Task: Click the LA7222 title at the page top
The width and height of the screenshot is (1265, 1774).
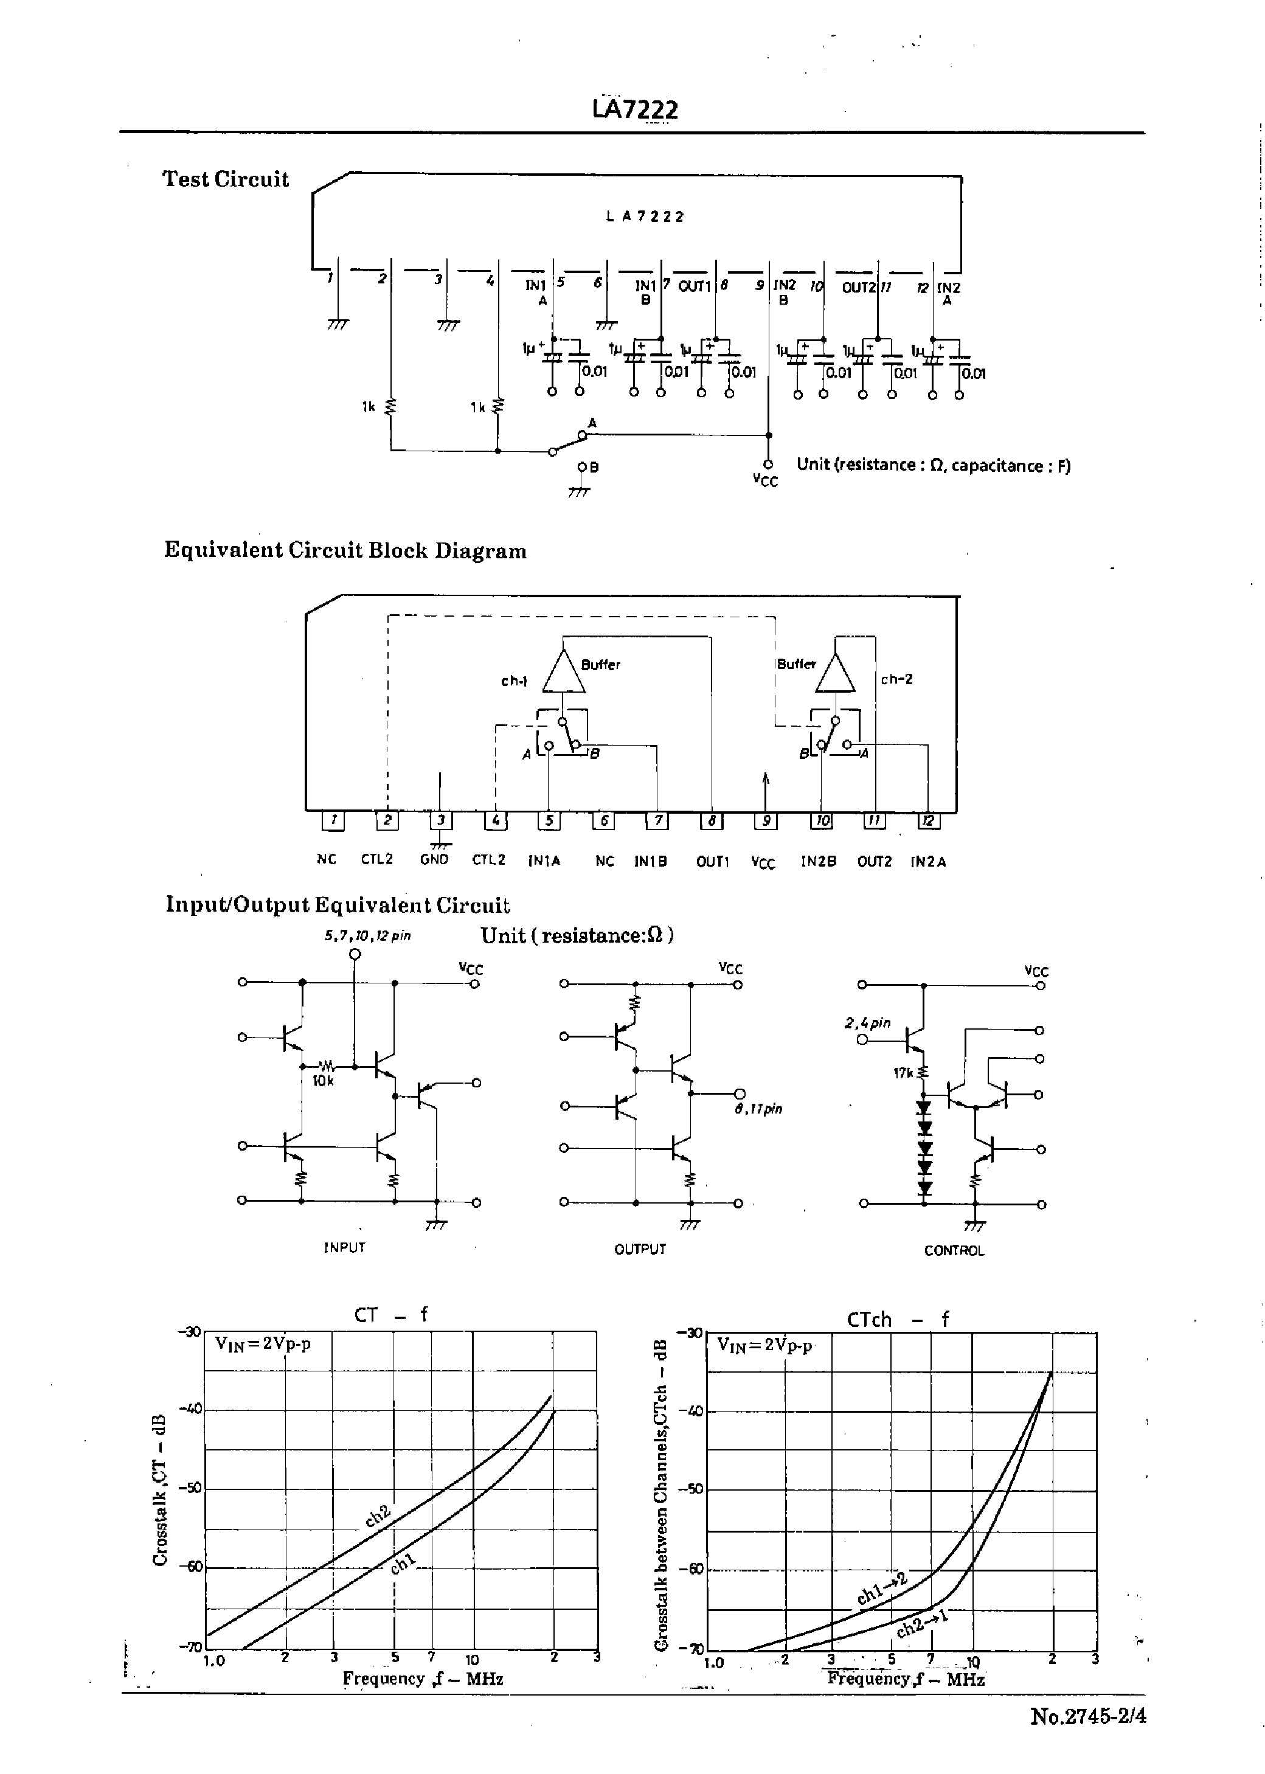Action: tap(635, 109)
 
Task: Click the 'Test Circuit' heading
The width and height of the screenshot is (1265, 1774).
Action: tap(225, 180)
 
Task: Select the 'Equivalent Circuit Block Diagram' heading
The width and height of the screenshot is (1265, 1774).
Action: tap(345, 550)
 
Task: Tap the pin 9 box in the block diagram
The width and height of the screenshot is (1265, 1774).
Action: tap(766, 820)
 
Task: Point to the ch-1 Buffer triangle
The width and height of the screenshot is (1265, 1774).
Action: tap(563, 671)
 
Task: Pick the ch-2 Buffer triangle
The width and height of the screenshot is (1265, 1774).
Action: tap(834, 672)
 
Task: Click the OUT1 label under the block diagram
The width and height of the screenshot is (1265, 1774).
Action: tap(713, 861)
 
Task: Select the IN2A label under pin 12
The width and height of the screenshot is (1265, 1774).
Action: tap(929, 861)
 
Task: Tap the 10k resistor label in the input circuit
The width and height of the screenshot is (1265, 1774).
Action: tap(322, 1081)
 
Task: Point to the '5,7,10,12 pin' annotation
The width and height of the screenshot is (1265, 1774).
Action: tap(368, 935)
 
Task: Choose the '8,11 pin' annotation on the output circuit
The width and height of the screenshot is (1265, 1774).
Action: tap(758, 1109)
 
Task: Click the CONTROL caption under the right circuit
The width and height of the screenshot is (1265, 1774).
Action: tap(954, 1250)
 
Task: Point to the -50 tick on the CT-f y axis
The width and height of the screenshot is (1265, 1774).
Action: tap(190, 1488)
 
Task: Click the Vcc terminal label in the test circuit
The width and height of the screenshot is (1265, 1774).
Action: tap(765, 480)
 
